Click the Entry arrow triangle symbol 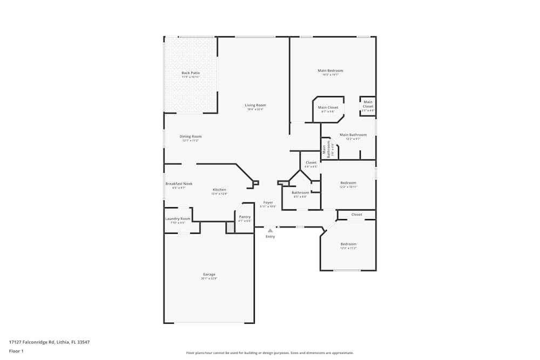(x=270, y=230)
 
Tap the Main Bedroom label (x=330, y=71)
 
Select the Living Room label (x=255, y=105)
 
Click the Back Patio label (x=190, y=73)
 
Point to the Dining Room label (x=190, y=137)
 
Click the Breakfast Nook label (x=179, y=184)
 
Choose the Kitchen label (x=219, y=190)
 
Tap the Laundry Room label (x=178, y=219)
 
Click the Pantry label (x=245, y=217)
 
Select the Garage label (x=209, y=274)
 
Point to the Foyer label (x=268, y=202)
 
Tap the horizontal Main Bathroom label (x=353, y=135)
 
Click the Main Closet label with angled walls (x=328, y=107)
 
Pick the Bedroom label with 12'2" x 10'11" (x=348, y=183)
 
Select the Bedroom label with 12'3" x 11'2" (x=348, y=244)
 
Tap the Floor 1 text (x=16, y=351)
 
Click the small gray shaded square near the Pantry (x=231, y=228)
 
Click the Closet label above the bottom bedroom (x=356, y=215)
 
